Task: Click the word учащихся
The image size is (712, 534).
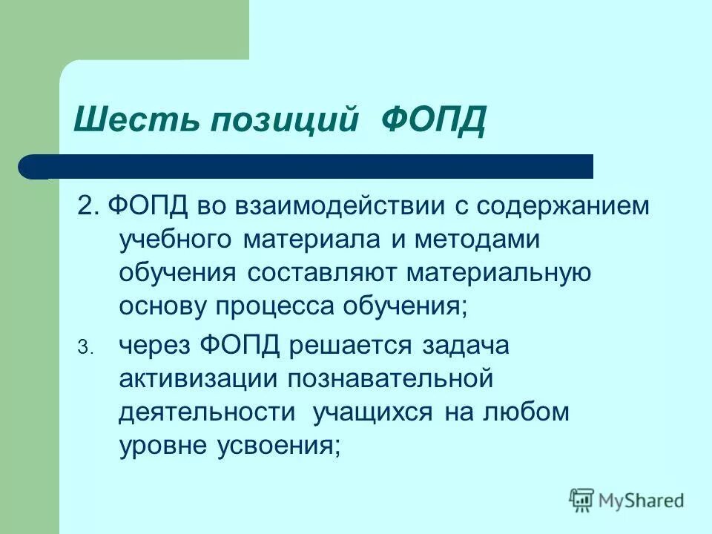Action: click(374, 412)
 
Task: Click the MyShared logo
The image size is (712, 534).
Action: click(627, 499)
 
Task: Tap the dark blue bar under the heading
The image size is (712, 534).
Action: click(311, 166)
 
